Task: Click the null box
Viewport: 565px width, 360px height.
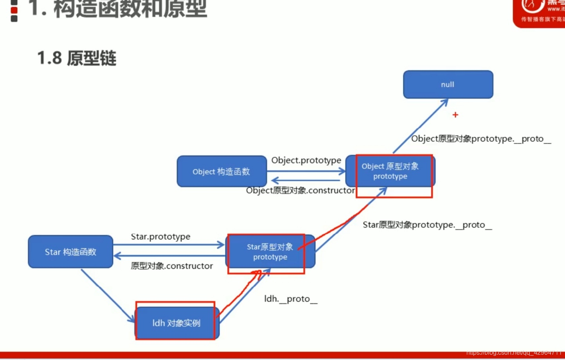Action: (x=448, y=85)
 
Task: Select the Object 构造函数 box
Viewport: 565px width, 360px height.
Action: (x=221, y=171)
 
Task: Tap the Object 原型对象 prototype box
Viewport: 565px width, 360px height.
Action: (x=390, y=171)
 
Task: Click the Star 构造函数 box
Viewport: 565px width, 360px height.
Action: (x=70, y=252)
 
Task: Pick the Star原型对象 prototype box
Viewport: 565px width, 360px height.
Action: (x=270, y=252)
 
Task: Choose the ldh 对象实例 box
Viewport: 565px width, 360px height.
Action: (x=176, y=323)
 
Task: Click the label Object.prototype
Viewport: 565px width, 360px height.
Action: (x=306, y=160)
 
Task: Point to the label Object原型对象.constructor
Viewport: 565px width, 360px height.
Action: (x=300, y=191)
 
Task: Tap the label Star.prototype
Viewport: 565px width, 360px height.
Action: (x=160, y=237)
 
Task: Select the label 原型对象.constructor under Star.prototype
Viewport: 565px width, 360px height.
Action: (x=172, y=266)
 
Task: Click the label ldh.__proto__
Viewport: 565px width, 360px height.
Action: (x=291, y=299)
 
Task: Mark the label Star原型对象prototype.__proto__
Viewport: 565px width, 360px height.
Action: (x=427, y=225)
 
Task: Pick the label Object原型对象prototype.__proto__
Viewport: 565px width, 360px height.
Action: (x=481, y=139)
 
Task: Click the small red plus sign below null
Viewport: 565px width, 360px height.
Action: (x=455, y=115)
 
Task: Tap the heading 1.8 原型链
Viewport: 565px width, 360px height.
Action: (x=77, y=58)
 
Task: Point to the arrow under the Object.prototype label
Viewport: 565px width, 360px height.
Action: (x=305, y=171)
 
